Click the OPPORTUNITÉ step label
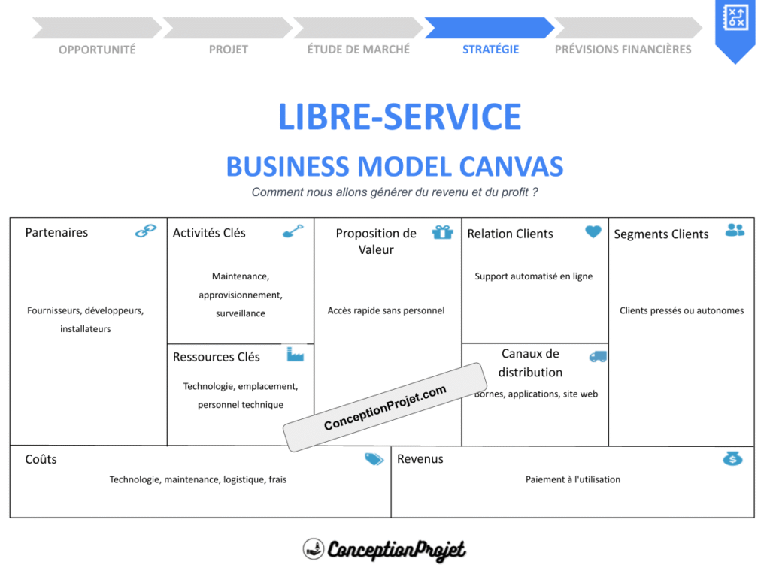pyautogui.click(x=97, y=50)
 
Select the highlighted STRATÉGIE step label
pyautogui.click(x=490, y=50)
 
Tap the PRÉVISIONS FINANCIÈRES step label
pyautogui.click(x=623, y=50)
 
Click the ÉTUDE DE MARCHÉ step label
pyautogui.click(x=359, y=50)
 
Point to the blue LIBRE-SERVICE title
pyautogui.click(x=399, y=117)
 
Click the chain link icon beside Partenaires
pyautogui.click(x=145, y=231)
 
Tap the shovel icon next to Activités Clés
pyautogui.click(x=293, y=231)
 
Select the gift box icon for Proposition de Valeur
pyautogui.click(x=443, y=232)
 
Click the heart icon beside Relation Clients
pyautogui.click(x=593, y=232)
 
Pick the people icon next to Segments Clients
pyautogui.click(x=735, y=231)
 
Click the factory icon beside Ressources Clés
pyautogui.click(x=295, y=354)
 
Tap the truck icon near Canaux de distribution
pyautogui.click(x=598, y=356)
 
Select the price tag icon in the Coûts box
pyautogui.click(x=374, y=459)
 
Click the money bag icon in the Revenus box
pyautogui.click(x=732, y=458)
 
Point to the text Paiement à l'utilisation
pyautogui.click(x=573, y=479)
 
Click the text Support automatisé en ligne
pyautogui.click(x=534, y=276)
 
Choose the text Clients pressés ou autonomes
pyautogui.click(x=681, y=310)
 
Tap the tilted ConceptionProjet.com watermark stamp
pyautogui.click(x=384, y=407)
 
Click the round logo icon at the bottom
pyautogui.click(x=314, y=549)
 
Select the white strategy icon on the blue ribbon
pyautogui.click(x=735, y=17)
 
